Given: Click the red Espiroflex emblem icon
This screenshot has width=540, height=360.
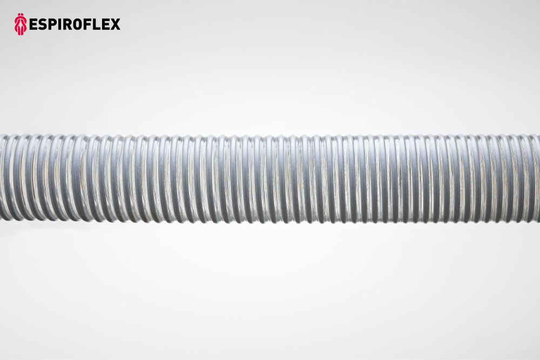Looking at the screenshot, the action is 21,24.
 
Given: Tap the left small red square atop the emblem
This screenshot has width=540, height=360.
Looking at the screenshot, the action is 19,15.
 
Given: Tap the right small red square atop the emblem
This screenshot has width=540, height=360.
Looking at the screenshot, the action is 22,15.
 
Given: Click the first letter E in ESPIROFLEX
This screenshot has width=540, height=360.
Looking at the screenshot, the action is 33,24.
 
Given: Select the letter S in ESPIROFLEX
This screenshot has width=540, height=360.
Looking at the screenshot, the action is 42,24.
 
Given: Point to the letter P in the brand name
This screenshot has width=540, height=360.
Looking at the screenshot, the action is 52,24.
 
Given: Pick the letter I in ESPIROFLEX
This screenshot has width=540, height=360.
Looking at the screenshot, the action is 60,24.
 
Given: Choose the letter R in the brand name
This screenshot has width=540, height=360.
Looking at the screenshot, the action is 68,24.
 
